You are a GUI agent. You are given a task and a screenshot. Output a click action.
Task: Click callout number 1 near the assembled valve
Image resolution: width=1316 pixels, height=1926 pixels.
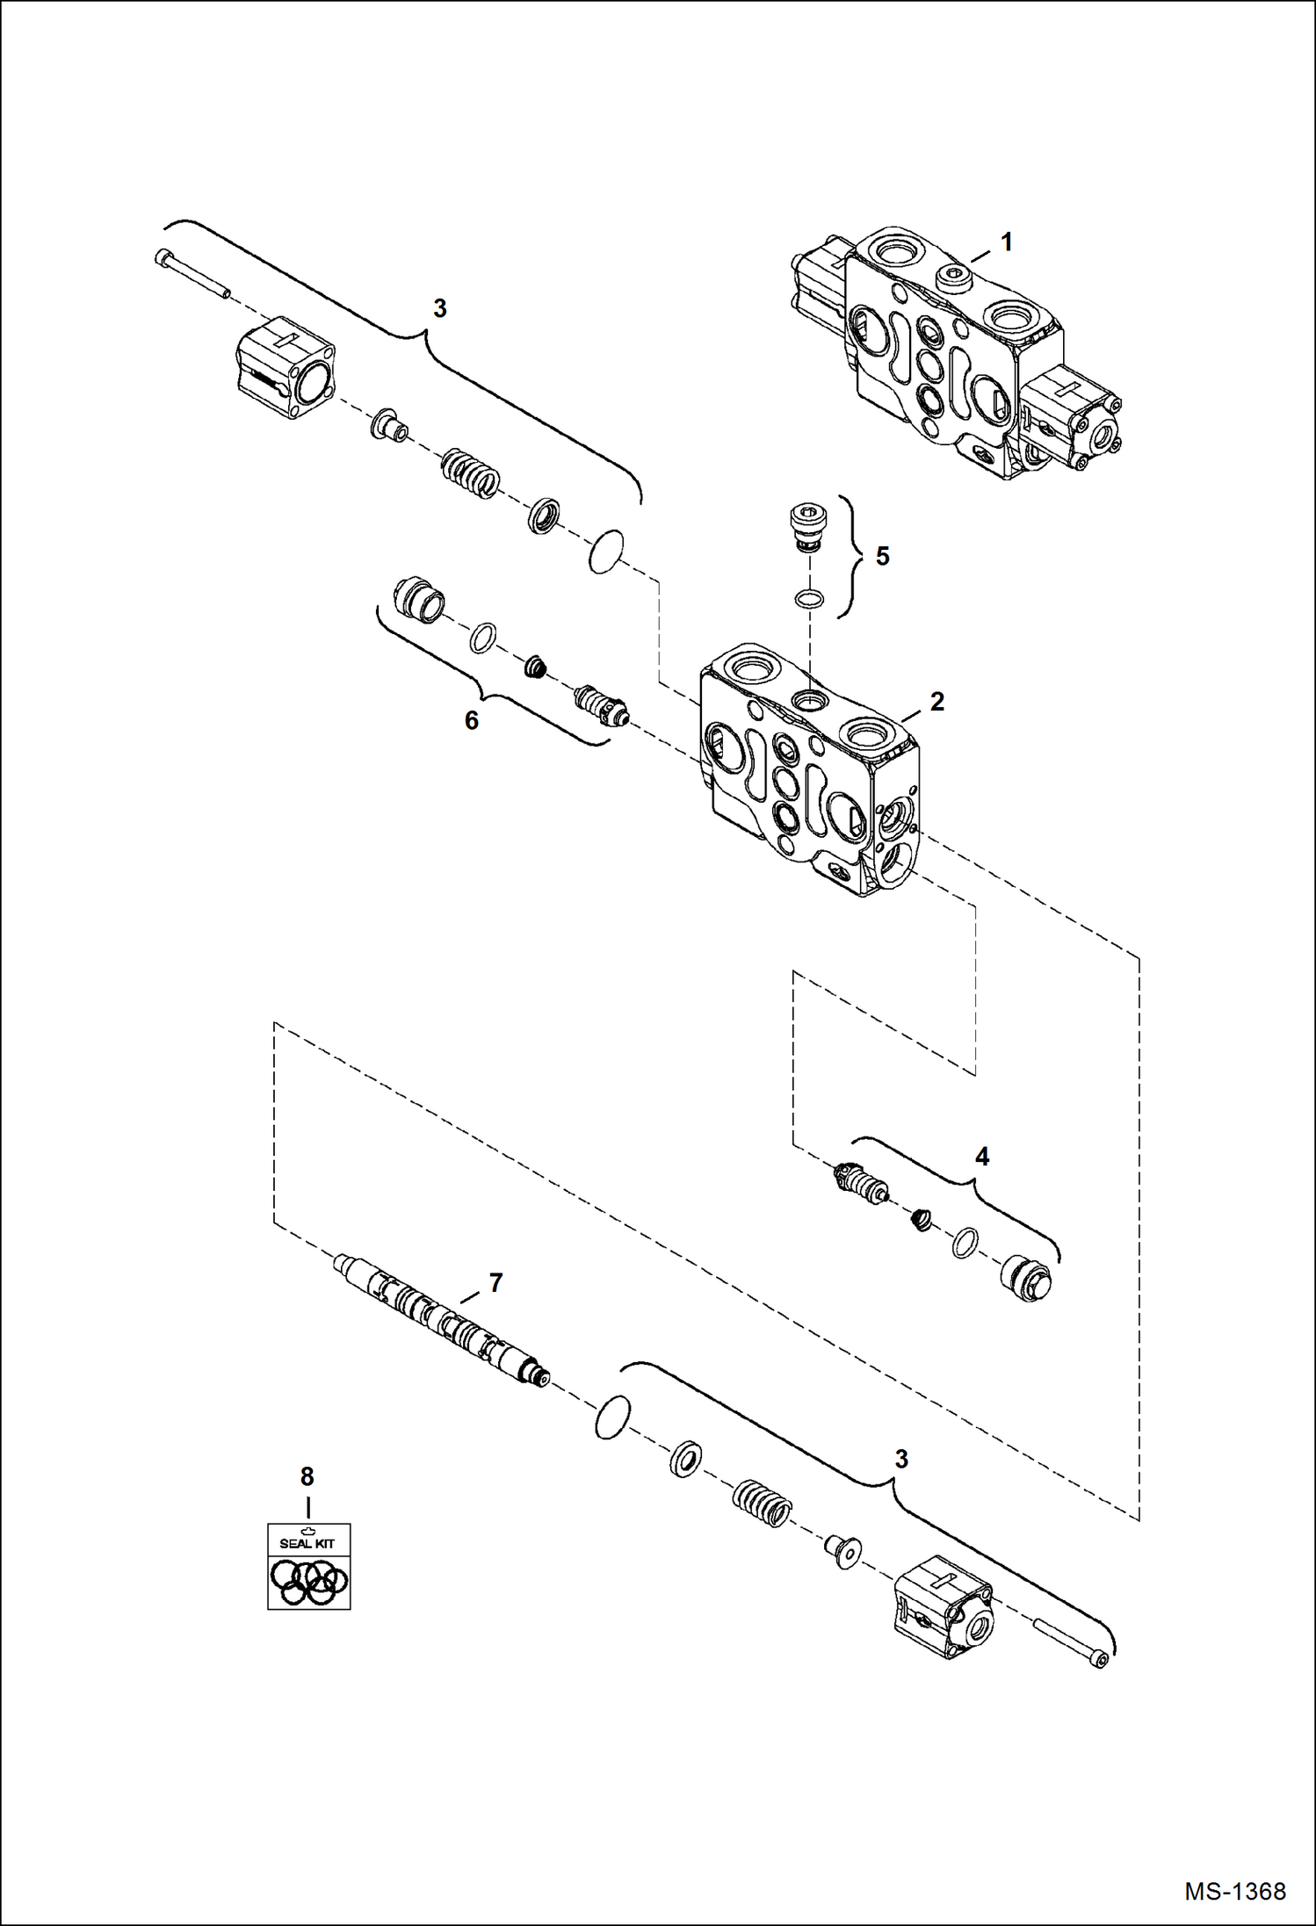[1007, 242]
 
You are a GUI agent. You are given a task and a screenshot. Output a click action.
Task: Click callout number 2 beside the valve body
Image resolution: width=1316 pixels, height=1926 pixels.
[936, 702]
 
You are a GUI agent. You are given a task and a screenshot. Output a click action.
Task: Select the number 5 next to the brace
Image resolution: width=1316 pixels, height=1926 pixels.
[882, 557]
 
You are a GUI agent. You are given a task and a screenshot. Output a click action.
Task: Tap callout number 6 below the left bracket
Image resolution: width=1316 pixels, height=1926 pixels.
[472, 721]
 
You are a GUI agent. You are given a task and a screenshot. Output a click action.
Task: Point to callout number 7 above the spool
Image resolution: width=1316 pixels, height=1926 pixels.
[495, 1283]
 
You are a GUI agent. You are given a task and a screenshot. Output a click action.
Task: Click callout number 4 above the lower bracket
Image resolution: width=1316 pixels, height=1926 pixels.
[982, 1158]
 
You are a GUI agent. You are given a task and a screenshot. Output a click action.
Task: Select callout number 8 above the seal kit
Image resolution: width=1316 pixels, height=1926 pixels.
[307, 1477]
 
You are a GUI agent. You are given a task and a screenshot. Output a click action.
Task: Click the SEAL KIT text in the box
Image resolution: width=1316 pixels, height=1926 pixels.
[307, 1543]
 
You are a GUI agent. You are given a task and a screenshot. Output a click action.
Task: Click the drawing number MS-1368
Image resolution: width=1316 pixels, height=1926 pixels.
[1234, 1892]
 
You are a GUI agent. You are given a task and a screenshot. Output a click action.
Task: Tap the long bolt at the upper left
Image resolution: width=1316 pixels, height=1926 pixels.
[191, 274]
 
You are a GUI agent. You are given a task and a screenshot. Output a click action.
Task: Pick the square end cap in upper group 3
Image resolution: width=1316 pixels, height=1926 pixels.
[286, 367]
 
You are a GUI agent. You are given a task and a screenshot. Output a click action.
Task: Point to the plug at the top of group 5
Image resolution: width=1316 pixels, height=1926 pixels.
[806, 526]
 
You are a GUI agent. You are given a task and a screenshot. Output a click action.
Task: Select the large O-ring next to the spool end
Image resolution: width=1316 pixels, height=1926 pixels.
[612, 1417]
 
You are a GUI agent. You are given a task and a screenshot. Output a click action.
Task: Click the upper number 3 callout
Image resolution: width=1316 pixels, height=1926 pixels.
[440, 309]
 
